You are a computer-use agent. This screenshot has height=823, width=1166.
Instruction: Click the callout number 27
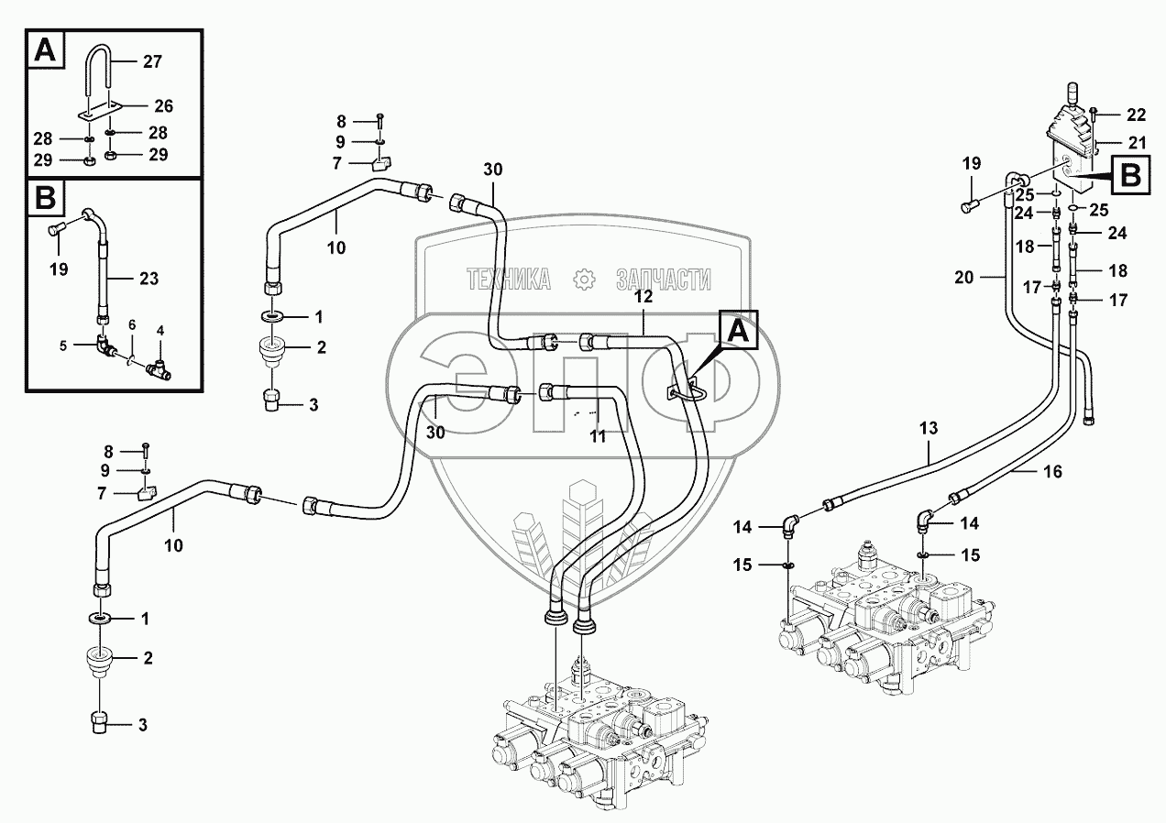click(x=152, y=63)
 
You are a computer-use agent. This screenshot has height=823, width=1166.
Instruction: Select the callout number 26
click(x=164, y=105)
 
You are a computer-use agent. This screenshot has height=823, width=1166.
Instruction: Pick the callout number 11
click(x=598, y=437)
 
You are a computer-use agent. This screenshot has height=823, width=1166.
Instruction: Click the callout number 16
click(x=1053, y=472)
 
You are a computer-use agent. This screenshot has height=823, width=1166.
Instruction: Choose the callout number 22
click(x=1137, y=115)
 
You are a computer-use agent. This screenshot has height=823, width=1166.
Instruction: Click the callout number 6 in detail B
click(x=132, y=324)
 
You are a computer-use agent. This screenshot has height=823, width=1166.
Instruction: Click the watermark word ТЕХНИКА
click(x=508, y=280)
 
